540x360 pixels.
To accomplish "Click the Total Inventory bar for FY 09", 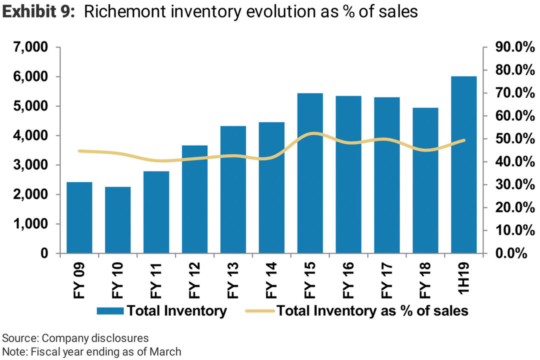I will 79,218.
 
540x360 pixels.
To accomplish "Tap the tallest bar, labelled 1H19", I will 464,165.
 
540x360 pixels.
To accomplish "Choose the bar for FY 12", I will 195,199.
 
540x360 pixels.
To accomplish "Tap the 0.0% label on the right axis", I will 512,253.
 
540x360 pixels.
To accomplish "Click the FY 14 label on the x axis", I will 271,280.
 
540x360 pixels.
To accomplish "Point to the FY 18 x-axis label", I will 425,280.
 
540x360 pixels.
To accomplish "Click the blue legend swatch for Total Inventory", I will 109,311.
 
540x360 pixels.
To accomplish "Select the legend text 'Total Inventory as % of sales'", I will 372,311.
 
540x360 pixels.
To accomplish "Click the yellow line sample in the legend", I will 260,311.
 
